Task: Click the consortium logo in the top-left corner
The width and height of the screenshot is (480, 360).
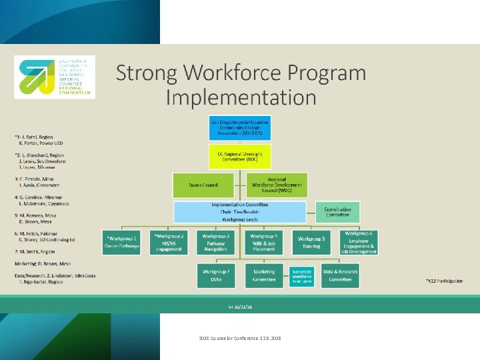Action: pos(55,77)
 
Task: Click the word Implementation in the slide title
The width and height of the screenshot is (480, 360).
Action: pos(241,97)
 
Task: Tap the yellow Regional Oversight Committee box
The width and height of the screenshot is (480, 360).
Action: pos(240,156)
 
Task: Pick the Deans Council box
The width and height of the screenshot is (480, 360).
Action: pos(203,185)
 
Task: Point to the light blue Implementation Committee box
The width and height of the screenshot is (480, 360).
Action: pos(240,212)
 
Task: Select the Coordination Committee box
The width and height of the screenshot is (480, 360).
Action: pos(337,212)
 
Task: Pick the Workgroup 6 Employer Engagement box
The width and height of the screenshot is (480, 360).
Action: pos(359,242)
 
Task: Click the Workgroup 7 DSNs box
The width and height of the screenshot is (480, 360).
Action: pos(216,276)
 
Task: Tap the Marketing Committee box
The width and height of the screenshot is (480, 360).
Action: pos(263,276)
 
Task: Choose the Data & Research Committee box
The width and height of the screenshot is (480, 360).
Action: pos(340,276)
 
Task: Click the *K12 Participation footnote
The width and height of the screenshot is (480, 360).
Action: pos(444,281)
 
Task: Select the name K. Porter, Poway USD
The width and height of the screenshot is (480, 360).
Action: pos(41,143)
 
